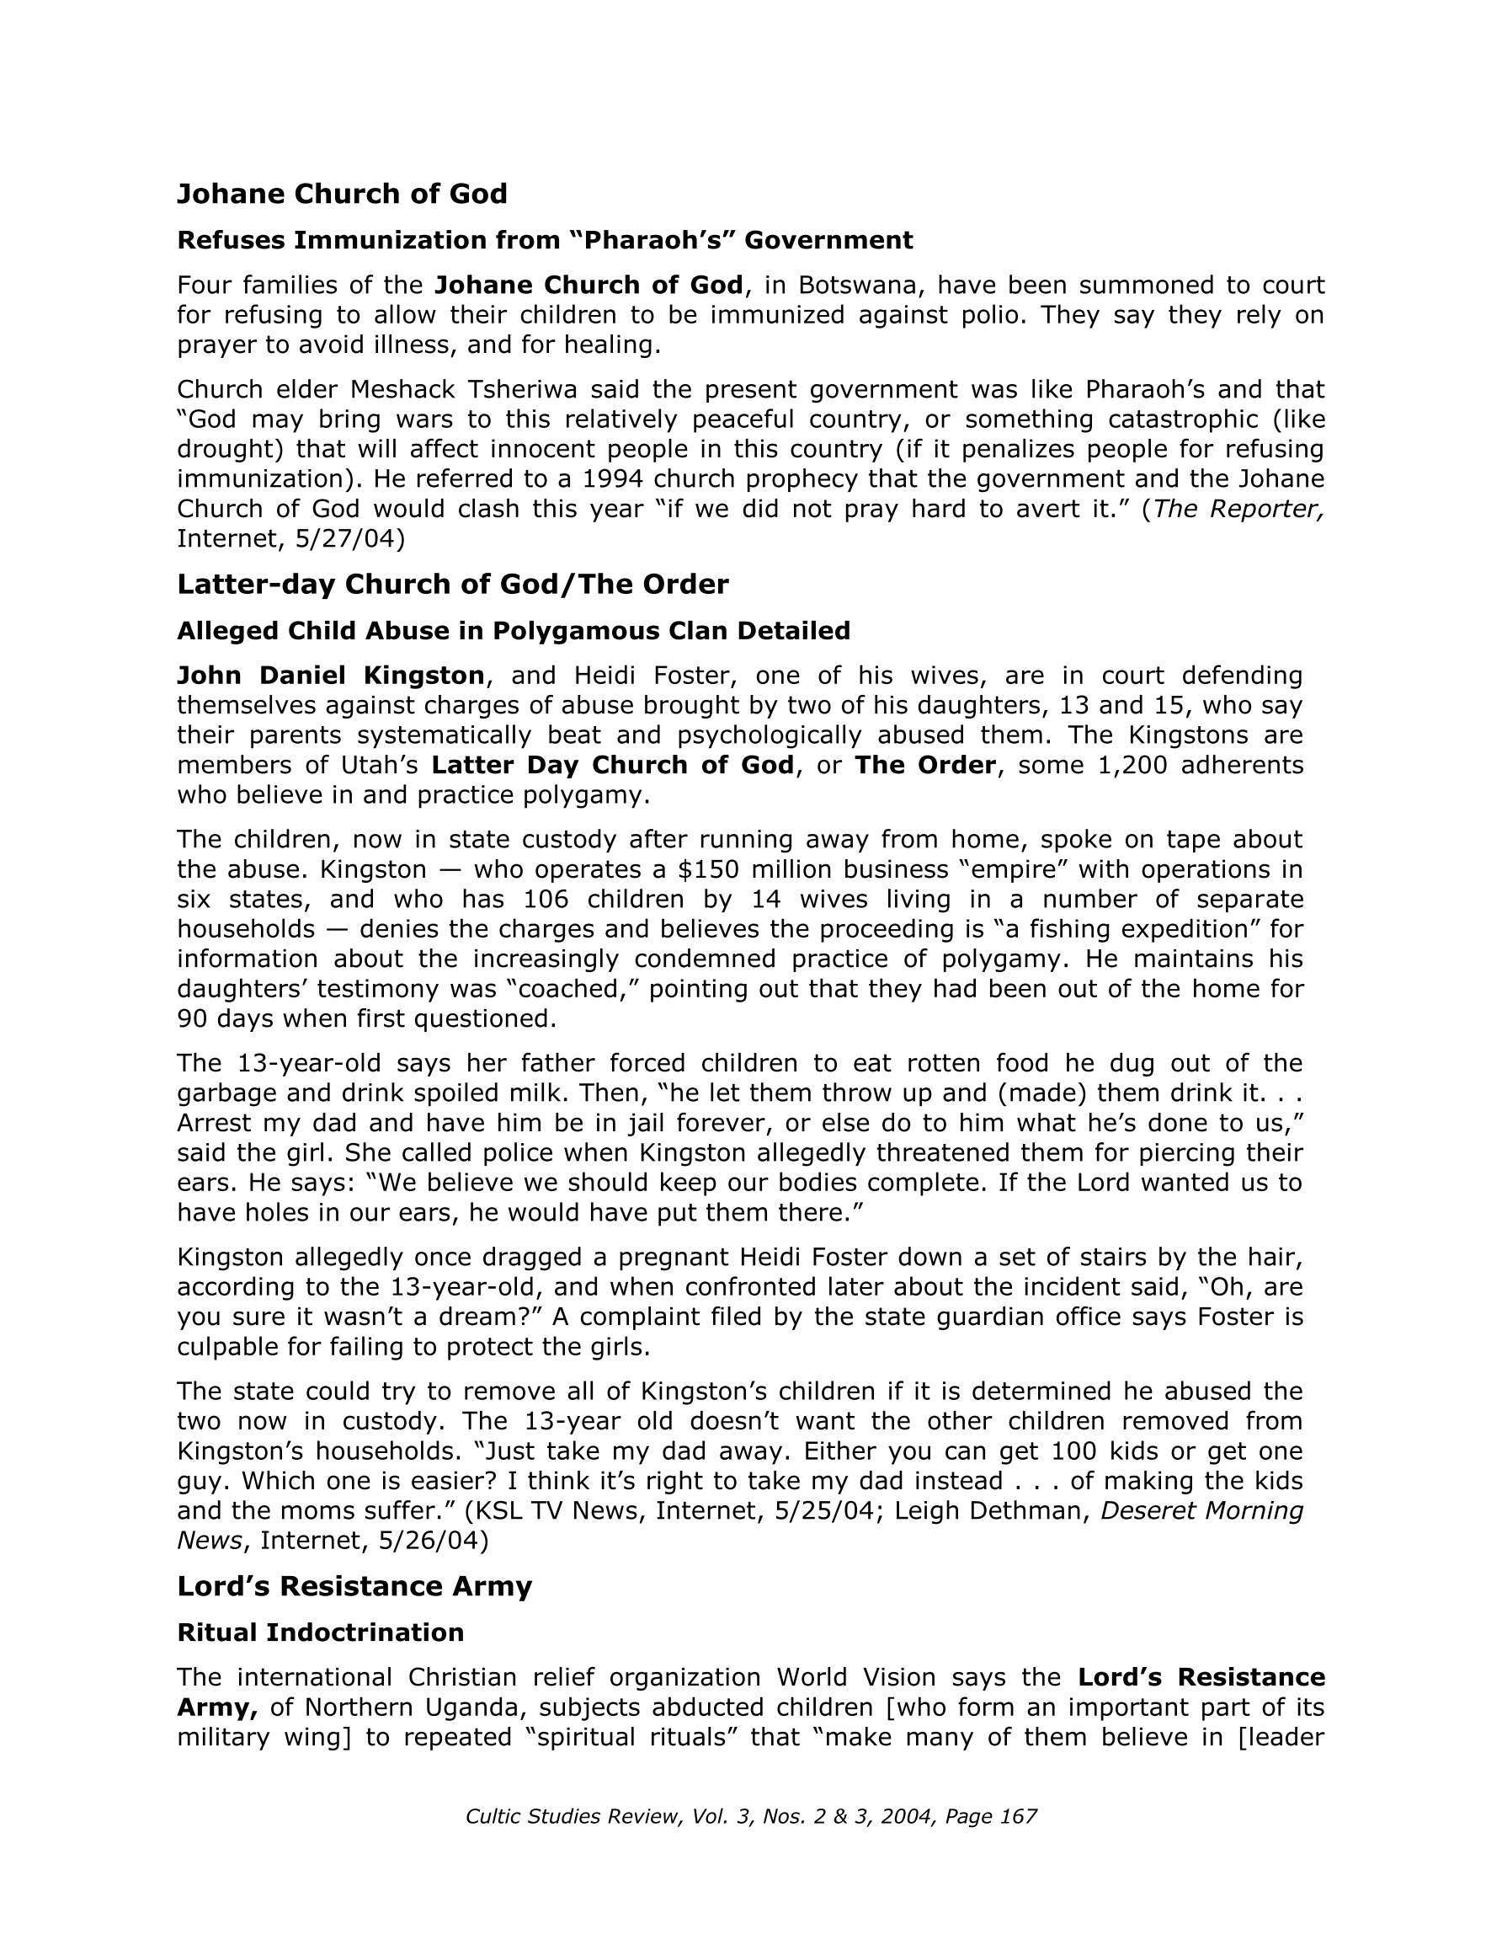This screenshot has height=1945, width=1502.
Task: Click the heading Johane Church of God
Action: (x=342, y=193)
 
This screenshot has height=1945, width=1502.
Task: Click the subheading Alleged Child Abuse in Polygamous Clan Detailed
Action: (x=514, y=631)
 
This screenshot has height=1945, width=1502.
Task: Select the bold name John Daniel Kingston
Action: (x=330, y=675)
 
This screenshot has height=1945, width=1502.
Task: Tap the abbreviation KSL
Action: (x=505, y=1510)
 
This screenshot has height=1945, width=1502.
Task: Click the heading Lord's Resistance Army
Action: (x=354, y=1586)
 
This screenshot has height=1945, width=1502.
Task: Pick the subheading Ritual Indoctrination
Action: (x=321, y=1632)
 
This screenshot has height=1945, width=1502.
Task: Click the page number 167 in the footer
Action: (x=1019, y=1817)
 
